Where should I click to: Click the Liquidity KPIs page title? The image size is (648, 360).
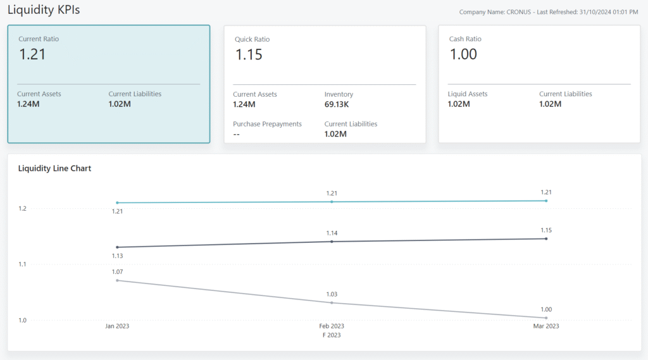[x=44, y=10]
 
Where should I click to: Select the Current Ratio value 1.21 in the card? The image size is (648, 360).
[x=32, y=54]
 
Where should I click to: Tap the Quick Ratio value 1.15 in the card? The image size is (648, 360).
[x=249, y=55]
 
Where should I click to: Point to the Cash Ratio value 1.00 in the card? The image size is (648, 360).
[x=463, y=55]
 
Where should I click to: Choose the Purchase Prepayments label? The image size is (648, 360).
[x=267, y=124]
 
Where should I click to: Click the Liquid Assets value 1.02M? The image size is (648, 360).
[x=459, y=104]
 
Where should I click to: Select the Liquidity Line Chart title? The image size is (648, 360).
[x=54, y=168]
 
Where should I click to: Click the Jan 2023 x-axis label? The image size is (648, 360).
[x=117, y=326]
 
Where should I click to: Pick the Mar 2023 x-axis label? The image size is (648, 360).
[x=545, y=326]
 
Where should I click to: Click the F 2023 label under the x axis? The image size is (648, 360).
[x=332, y=335]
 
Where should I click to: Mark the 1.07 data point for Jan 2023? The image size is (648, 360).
[x=117, y=280]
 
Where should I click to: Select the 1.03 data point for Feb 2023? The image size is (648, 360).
[x=332, y=303]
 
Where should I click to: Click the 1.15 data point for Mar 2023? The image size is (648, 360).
[x=546, y=239]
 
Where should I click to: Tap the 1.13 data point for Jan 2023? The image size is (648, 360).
[x=117, y=247]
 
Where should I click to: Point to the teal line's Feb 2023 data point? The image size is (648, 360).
[x=332, y=202]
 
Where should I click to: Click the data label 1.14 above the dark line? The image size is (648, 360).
[x=332, y=233]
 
